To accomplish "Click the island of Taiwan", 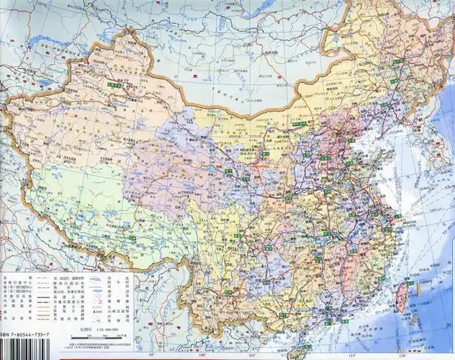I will pos(411,298).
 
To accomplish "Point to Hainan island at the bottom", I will pos(297,353).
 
